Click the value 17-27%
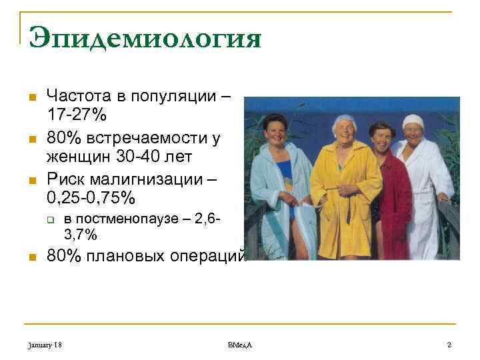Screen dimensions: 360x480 pyautogui.click(x=76, y=114)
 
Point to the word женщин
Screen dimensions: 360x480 pyautogui.click(x=78, y=157)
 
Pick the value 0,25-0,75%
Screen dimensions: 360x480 pyautogui.click(x=90, y=199)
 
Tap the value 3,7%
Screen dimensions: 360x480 pyautogui.click(x=80, y=234)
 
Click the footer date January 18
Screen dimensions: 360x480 pyautogui.click(x=45, y=344)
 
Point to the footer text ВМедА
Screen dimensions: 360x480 pyautogui.click(x=239, y=344)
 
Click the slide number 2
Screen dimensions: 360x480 pyautogui.click(x=449, y=344)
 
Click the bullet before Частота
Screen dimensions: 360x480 pyautogui.click(x=31, y=97)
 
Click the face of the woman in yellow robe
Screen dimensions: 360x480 pyautogui.click(x=343, y=130)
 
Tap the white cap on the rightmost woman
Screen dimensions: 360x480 pyautogui.click(x=414, y=121)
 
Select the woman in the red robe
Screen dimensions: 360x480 pyautogui.click(x=386, y=193)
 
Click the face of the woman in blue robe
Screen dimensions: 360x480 pyautogui.click(x=276, y=129)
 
